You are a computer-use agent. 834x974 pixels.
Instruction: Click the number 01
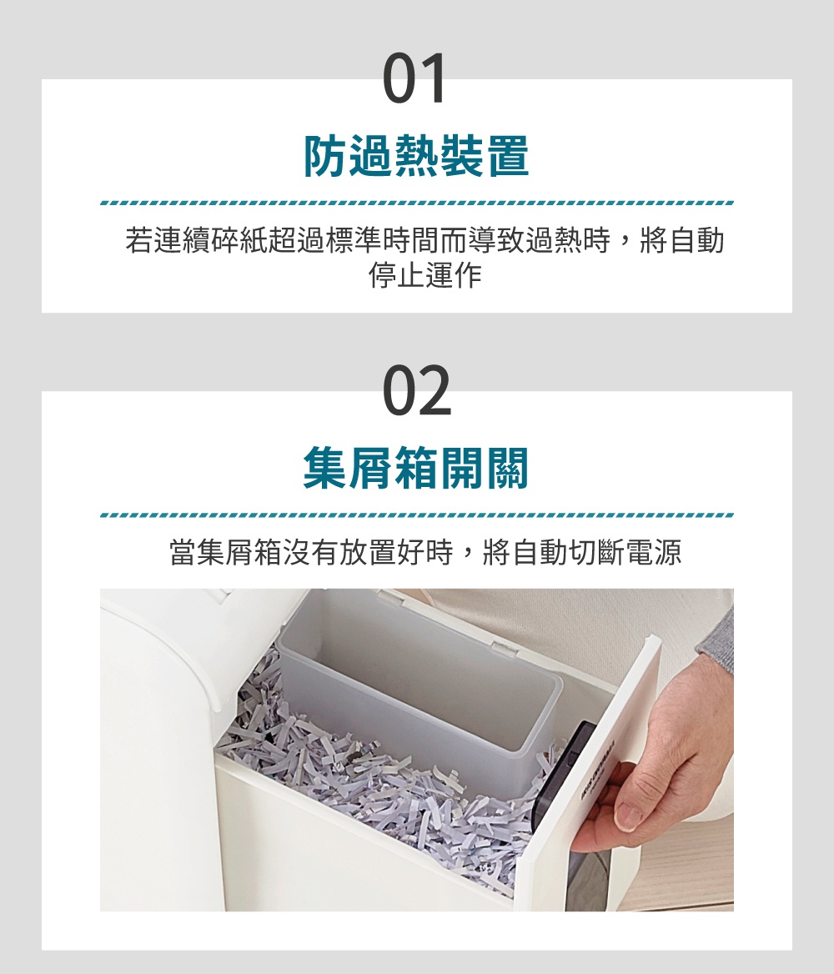coord(415,79)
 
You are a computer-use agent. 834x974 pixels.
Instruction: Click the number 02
coord(417,391)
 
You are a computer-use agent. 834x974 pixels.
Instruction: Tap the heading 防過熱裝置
coord(416,157)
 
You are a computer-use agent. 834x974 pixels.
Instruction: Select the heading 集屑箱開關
coord(416,468)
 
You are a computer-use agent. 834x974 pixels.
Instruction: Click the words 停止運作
coord(425,276)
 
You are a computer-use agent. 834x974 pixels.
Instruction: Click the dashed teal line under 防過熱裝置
coord(416,203)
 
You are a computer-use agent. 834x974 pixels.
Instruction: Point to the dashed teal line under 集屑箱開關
coord(416,515)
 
